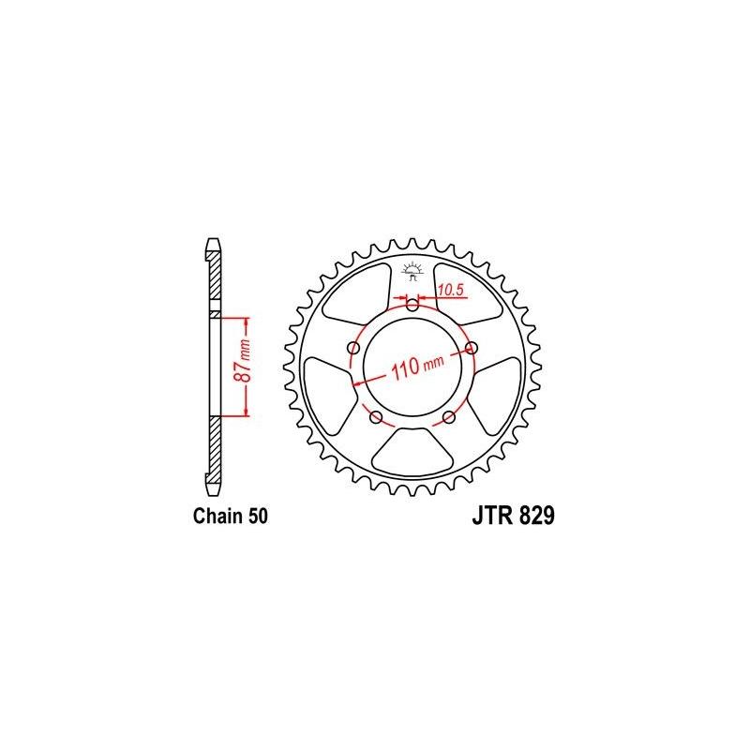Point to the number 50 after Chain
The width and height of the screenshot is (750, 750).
pos(257,516)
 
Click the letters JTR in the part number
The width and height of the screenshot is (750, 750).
pos(484,516)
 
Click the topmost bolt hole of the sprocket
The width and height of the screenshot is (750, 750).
pos(412,302)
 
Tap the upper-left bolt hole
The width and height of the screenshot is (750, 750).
pos(353,348)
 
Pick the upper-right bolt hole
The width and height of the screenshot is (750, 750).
pos(472,348)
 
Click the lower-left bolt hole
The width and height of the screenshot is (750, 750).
pos(376,416)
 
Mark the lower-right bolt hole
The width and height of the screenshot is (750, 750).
pos(449,416)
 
